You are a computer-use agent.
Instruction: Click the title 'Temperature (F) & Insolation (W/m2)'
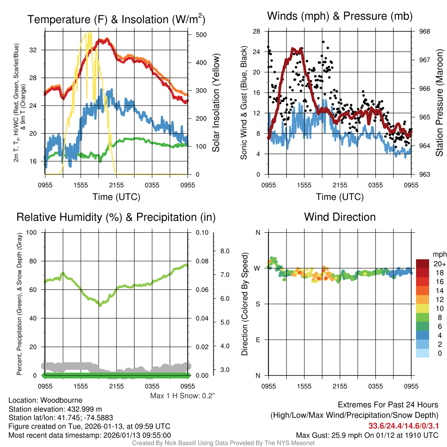coord(116,19)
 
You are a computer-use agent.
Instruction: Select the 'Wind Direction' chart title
coord(340,217)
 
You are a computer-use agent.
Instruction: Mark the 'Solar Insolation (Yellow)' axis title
coord(216,103)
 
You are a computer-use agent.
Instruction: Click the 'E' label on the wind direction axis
coord(258,340)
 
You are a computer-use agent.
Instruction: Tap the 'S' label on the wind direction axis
coord(258,304)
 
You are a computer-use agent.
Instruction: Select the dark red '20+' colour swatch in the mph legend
coord(422,264)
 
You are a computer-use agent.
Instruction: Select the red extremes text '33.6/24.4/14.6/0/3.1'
coord(403,426)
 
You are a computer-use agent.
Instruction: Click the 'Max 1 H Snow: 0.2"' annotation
coord(182,396)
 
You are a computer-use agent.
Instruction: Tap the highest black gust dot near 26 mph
coord(323,42)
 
